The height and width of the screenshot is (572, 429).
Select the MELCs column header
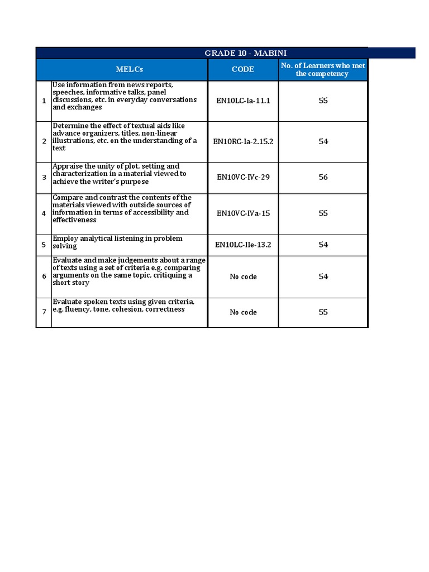130,69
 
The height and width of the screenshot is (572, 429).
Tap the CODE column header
243,69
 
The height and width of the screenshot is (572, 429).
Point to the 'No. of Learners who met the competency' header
323,70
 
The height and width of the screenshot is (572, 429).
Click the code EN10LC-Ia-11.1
243,101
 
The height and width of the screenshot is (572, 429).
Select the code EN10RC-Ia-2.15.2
243,141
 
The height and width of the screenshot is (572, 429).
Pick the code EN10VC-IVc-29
243,177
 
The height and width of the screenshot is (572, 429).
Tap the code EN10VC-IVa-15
243,213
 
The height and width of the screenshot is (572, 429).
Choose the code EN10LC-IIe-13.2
243,245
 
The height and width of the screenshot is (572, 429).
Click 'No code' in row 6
243,277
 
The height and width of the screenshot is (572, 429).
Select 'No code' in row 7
243,312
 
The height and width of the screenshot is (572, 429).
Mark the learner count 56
323,177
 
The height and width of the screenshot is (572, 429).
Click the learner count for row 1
323,101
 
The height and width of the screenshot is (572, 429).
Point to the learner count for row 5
323,245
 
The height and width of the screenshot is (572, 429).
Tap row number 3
44,178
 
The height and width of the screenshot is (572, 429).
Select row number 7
44,312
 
